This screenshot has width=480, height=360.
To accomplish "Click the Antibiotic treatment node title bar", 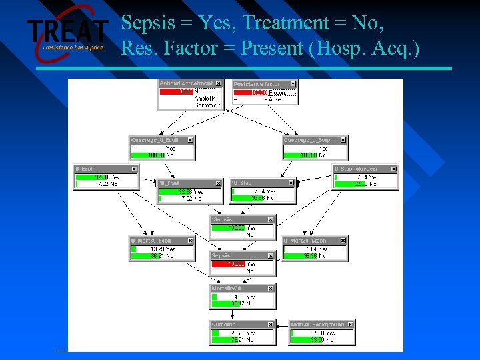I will pyautogui.click(x=186, y=83).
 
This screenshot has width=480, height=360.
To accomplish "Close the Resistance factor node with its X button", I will pyautogui.click(x=293, y=84).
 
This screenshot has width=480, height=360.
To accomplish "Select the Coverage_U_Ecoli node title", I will pyautogui.click(x=157, y=140).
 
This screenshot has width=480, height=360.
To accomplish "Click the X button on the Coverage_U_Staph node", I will pyautogui.click(x=343, y=140).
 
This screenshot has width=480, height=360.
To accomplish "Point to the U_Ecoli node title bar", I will pyautogui.click(x=100, y=169).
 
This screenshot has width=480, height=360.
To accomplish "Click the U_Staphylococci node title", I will pyautogui.click(x=360, y=169).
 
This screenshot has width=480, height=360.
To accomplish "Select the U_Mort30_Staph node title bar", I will pyautogui.click(x=310, y=241).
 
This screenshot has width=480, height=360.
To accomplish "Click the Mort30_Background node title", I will pyautogui.click(x=317, y=325).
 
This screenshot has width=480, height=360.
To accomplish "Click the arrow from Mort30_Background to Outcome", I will pyautogui.click(x=283, y=333).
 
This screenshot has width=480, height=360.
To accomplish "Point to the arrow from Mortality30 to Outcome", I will pyautogui.click(x=242, y=315).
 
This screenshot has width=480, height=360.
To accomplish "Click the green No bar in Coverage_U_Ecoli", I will pyautogui.click(x=157, y=155).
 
